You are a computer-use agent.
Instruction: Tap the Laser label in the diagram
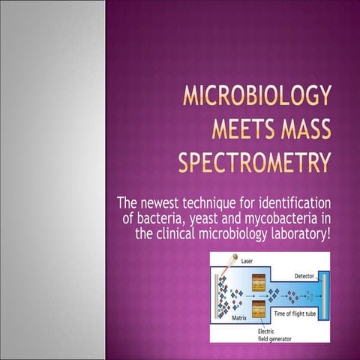coord(247,260)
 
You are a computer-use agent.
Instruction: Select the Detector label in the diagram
coord(304,276)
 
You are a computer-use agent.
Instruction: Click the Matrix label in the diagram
coord(239,318)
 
